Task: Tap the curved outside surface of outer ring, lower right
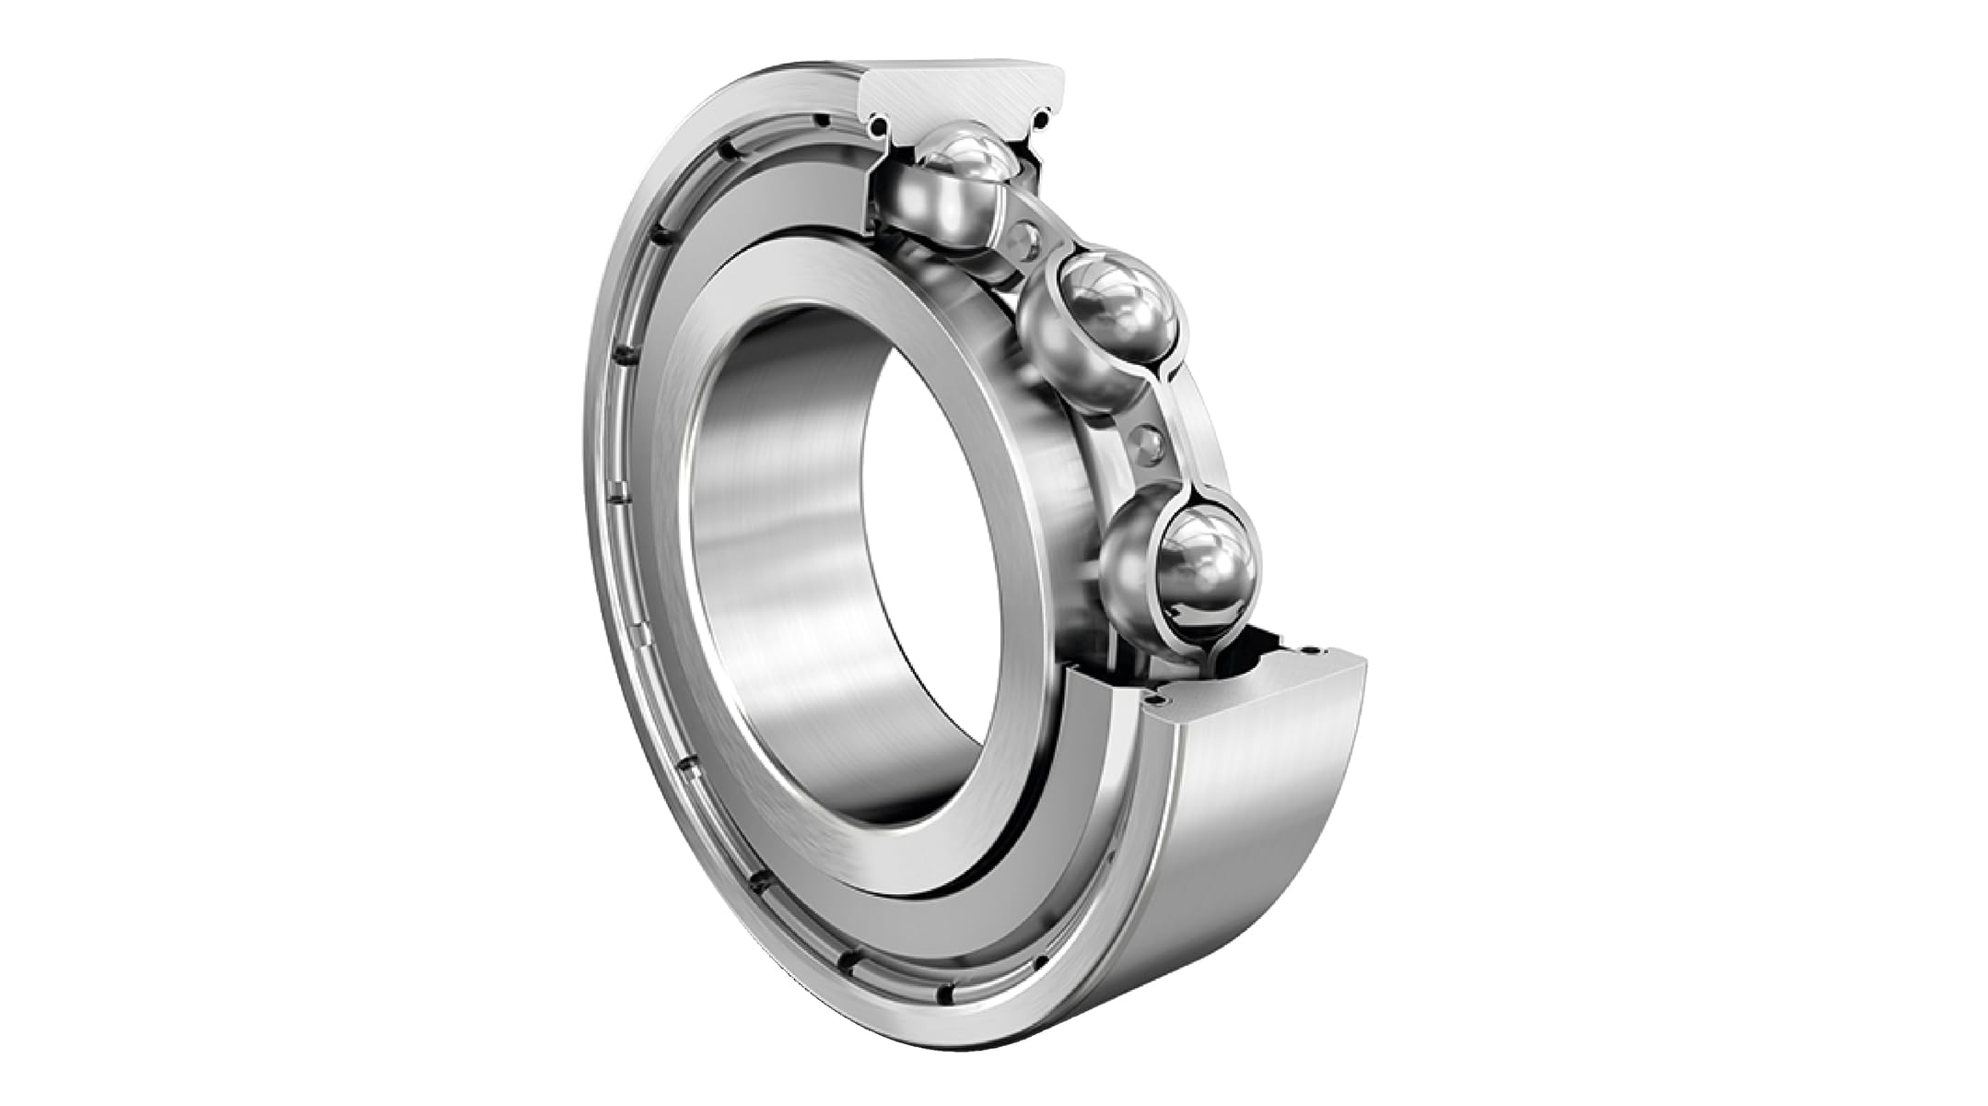(1262, 811)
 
